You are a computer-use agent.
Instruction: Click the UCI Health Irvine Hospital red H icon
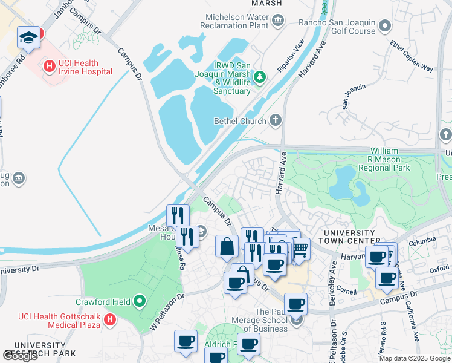[49, 66]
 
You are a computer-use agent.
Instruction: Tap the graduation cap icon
[28, 38]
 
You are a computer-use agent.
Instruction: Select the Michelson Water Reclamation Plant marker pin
[277, 22]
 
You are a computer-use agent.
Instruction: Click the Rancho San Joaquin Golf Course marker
[385, 27]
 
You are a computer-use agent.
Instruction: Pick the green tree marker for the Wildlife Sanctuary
[260, 76]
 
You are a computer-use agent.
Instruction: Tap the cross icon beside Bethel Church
[276, 120]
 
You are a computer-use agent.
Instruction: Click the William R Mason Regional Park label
[384, 159]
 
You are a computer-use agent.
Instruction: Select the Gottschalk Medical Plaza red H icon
[109, 319]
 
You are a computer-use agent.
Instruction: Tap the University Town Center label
[349, 237]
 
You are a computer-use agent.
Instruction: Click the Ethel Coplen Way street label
[413, 56]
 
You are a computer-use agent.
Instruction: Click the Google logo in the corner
[20, 356]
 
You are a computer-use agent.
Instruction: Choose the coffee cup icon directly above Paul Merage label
[295, 304]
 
